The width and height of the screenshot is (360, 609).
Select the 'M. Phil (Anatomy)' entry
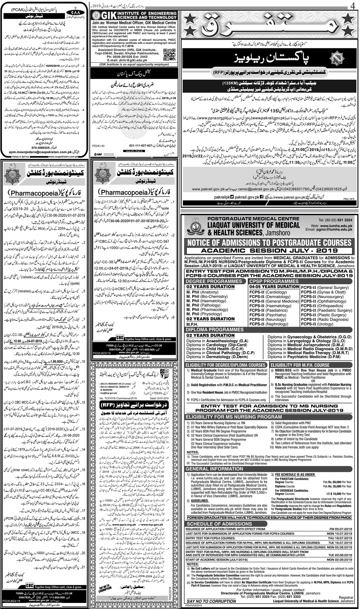coord(202,292)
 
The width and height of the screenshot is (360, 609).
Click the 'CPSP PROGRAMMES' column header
coord(269,281)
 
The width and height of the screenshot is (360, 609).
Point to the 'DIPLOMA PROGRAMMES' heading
coord(215,330)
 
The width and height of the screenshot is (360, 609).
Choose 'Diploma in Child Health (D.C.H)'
coord(217,349)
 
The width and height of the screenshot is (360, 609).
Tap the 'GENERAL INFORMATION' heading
coord(213,469)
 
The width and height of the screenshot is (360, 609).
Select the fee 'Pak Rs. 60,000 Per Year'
coord(337,482)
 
